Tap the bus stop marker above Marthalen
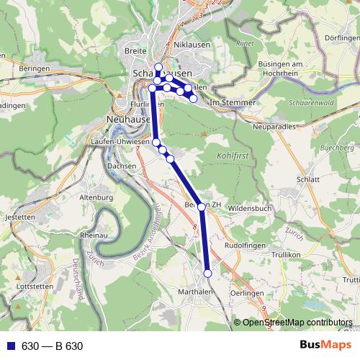point(207,274)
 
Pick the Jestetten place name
point(19,217)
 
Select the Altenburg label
point(96,197)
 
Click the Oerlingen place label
point(248,294)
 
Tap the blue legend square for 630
point(11,346)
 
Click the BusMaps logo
point(325,346)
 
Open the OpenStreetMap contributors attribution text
point(297,323)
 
